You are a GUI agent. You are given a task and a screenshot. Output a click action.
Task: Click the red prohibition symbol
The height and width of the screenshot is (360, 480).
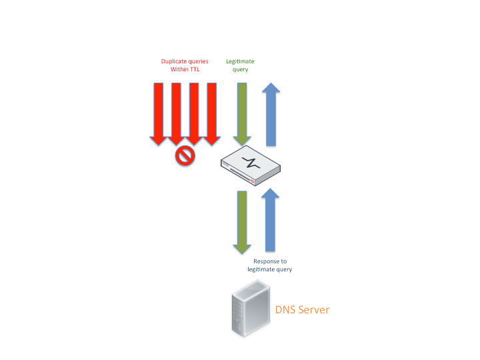click(185, 156)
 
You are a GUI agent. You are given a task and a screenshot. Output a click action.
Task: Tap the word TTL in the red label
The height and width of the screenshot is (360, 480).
click(193, 69)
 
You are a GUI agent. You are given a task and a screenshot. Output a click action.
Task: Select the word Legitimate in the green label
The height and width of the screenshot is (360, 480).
click(240, 61)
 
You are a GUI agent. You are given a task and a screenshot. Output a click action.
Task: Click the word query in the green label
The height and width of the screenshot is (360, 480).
click(240, 69)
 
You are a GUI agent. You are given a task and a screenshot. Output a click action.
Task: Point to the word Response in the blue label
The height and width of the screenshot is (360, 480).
click(266, 261)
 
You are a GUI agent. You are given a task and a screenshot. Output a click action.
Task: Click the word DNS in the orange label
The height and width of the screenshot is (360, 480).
click(285, 310)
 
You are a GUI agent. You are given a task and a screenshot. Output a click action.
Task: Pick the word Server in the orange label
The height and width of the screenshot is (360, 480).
click(314, 310)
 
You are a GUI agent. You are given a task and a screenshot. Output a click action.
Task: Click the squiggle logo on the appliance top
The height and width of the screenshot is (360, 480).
click(251, 162)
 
